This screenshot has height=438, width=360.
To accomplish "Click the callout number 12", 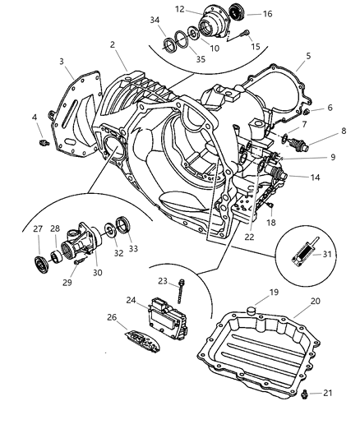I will click(x=179, y=9).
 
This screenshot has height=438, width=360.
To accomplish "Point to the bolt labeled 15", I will click(x=245, y=34).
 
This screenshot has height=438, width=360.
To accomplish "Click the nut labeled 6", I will click(x=306, y=111).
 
